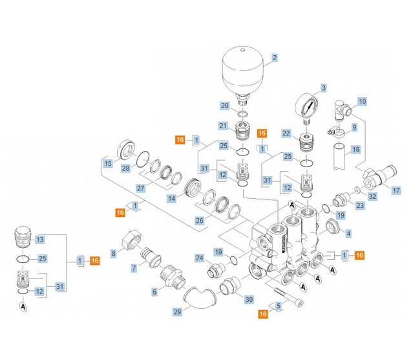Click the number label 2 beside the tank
click(x=274, y=58)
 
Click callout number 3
click(x=323, y=87)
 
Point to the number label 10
click(x=362, y=101)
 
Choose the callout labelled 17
click(x=396, y=190)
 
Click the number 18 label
click(x=355, y=150)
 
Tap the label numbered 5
click(x=279, y=306)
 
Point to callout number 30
click(x=249, y=299)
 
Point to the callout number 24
click(x=200, y=258)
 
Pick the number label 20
click(x=224, y=106)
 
